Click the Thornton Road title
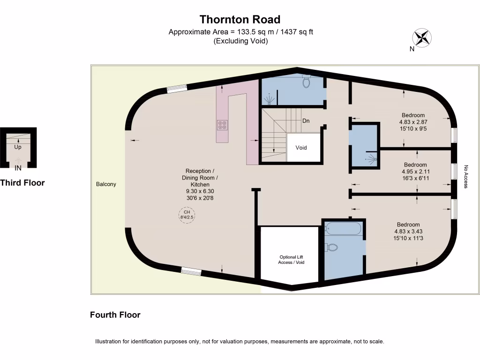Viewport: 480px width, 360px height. coord(240,19)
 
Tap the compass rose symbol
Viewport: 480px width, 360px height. coord(422,37)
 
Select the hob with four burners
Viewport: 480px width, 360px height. coord(222,125)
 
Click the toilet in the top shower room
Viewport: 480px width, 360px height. coord(307,82)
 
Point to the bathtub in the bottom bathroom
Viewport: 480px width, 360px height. coord(344,229)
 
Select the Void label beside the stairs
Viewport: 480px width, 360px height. coord(301,148)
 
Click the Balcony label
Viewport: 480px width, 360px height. coord(106,184)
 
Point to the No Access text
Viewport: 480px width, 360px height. coord(466,177)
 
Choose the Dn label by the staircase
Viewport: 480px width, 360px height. coord(306,121)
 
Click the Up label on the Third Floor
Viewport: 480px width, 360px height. coord(18,147)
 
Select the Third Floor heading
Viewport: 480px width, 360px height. coord(22,183)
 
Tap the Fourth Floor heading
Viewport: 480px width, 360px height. coord(115,315)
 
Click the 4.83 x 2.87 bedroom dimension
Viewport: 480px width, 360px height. coord(413,122)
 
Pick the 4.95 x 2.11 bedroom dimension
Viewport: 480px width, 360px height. coord(415,172)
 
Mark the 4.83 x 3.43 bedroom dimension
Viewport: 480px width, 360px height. coord(408,232)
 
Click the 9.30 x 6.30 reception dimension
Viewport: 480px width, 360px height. coord(200,191)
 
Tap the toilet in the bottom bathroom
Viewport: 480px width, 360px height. coord(331,247)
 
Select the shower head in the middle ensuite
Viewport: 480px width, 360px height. coord(372,159)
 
